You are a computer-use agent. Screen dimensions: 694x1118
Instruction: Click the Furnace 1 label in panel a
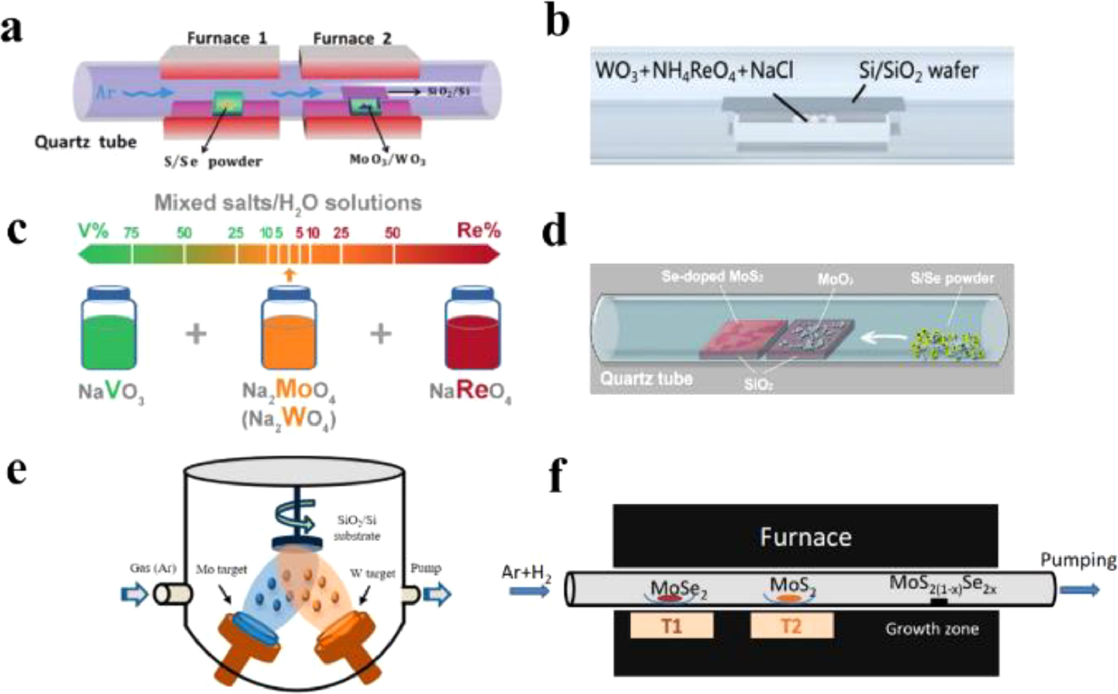(x=227, y=38)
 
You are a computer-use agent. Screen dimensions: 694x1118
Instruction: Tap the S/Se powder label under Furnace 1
(x=213, y=162)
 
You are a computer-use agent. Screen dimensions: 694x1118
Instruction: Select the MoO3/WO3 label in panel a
(x=387, y=160)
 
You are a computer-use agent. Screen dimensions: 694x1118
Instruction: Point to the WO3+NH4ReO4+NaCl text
(x=694, y=71)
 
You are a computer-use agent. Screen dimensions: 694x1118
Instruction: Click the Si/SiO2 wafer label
(x=918, y=71)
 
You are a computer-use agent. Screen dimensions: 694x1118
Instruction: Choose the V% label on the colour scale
(x=94, y=231)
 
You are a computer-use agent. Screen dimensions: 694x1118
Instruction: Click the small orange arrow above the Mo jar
(x=288, y=274)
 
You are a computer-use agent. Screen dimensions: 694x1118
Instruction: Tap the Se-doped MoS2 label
(x=712, y=277)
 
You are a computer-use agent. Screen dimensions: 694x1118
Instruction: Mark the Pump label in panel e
(x=426, y=568)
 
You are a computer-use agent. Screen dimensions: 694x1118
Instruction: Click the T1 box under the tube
(x=671, y=626)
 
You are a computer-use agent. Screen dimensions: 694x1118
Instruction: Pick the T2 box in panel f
(x=792, y=626)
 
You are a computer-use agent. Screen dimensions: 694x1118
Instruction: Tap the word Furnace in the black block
(x=806, y=537)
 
